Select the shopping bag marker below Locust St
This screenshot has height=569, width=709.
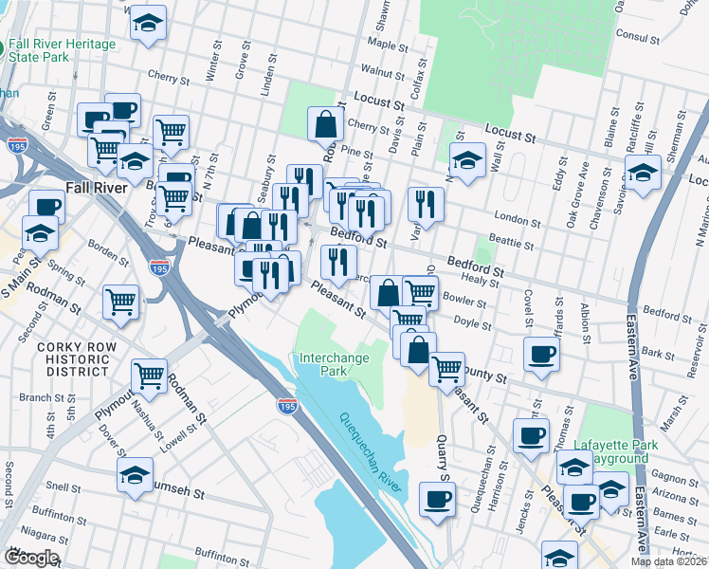(325, 122)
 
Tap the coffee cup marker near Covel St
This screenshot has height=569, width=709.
(541, 354)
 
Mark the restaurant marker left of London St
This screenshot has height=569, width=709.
(426, 202)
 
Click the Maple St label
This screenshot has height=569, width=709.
(388, 45)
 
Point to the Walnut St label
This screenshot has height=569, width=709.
(389, 71)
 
